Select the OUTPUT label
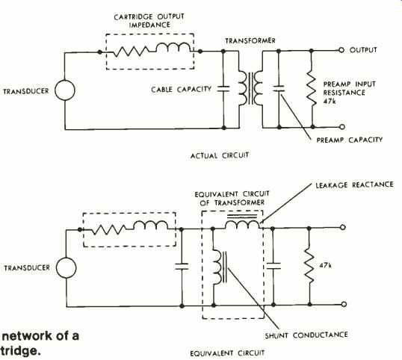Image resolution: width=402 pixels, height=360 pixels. click(x=363, y=50)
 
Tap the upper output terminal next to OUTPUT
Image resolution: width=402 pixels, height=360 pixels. click(x=341, y=50)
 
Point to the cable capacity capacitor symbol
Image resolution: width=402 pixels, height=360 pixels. click(x=223, y=89)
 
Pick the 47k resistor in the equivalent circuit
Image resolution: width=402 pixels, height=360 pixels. click(x=309, y=267)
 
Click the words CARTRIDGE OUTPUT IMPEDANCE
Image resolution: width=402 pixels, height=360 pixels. click(x=149, y=20)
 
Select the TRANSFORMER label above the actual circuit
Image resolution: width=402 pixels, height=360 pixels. click(x=250, y=40)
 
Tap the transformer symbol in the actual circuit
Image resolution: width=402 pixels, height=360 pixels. click(x=251, y=88)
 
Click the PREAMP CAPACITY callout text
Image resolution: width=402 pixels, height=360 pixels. click(x=350, y=140)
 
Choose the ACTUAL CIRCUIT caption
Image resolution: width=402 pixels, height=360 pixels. click(x=220, y=155)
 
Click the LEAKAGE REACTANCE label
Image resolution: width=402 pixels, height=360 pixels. click(x=355, y=184)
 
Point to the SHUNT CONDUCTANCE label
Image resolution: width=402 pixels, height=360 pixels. click(x=306, y=335)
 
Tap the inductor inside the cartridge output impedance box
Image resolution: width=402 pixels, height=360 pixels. click(x=173, y=48)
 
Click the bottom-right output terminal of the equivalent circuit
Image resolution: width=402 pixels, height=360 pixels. click(x=344, y=304)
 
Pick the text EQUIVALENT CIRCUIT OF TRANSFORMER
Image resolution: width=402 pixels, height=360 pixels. click(x=232, y=199)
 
